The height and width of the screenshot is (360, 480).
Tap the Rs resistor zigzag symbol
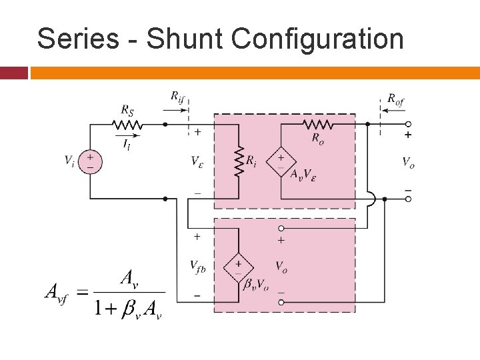click(x=126, y=124)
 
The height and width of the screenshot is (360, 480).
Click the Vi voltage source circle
click(x=91, y=162)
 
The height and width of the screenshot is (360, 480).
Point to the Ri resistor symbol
click(x=238, y=161)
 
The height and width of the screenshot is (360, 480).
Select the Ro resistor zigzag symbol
click(x=318, y=124)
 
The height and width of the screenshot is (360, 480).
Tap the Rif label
click(x=177, y=97)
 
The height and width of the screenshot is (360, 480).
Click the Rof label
click(x=395, y=100)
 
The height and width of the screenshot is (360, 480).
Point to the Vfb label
click(x=198, y=267)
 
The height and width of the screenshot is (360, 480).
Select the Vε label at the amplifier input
click(x=197, y=161)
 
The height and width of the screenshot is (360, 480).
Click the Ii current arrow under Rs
click(x=126, y=139)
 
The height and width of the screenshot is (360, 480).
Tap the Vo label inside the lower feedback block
click(x=282, y=266)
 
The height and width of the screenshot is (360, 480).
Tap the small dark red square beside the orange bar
click(x=14, y=73)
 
